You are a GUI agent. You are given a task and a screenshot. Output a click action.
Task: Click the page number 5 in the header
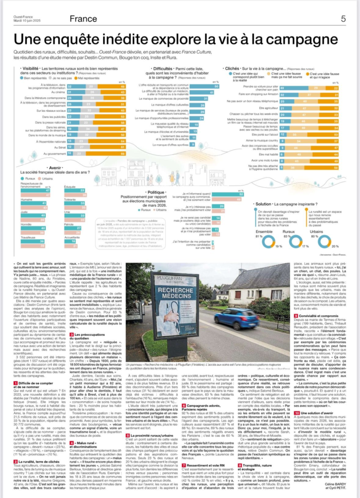pyautogui.click(x=343, y=19)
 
